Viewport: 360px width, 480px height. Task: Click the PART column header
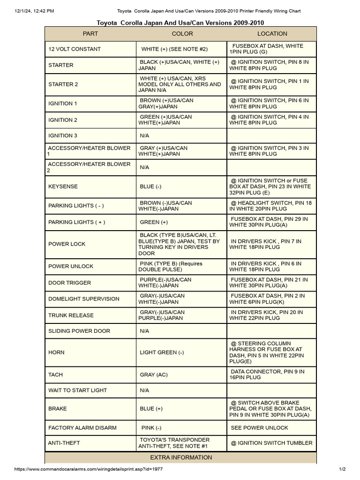[90, 34]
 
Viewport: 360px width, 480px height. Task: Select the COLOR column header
[182, 34]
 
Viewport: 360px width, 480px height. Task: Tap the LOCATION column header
[272, 34]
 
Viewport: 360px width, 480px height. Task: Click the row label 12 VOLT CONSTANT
[75, 49]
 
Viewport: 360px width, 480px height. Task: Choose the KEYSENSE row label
[63, 187]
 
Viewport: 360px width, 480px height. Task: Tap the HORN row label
[57, 352]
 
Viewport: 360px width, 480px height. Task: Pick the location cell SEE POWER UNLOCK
[259, 428]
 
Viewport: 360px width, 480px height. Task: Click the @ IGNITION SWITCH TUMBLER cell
[271, 443]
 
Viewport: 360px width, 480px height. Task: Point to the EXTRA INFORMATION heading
[181, 457]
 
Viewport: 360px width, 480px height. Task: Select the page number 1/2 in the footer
[342, 469]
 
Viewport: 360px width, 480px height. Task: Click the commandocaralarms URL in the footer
[89, 469]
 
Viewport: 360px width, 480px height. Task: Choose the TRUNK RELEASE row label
[71, 315]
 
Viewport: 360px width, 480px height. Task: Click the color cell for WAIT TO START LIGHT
[144, 390]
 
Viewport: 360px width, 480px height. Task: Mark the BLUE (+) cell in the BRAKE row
[151, 409]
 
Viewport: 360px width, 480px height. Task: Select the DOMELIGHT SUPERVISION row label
[84, 299]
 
